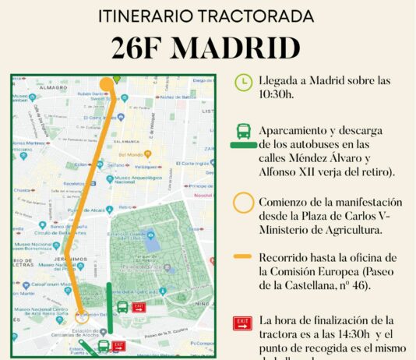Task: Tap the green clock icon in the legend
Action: pos(244,81)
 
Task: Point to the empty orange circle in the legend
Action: pos(244,203)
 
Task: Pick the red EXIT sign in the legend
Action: pos(244,322)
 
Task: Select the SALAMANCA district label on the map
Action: pos(126,140)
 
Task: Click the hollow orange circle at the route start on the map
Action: pos(83,316)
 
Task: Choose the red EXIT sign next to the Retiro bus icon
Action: pos(139,307)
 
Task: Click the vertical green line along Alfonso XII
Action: pos(109,308)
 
